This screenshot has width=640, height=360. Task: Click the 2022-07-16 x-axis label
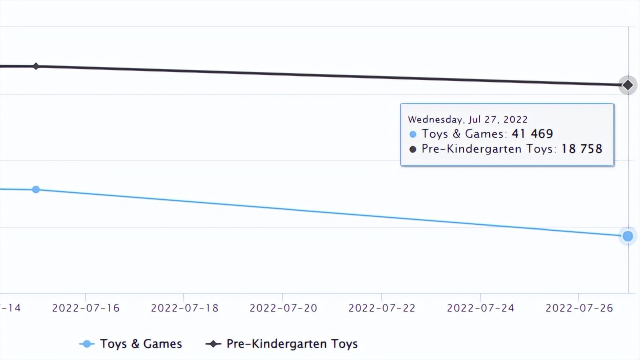(85, 308)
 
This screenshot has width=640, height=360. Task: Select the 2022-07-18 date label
(184, 308)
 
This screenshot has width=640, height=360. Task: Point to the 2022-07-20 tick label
(283, 308)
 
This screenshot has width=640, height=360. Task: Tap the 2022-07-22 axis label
(381, 308)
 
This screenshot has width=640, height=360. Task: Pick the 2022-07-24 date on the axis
(480, 308)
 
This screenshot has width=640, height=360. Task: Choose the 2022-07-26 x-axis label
(578, 308)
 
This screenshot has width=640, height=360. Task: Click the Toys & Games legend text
(140, 344)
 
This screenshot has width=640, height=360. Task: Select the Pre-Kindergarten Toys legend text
(292, 344)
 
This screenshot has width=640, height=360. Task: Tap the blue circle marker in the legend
(87, 344)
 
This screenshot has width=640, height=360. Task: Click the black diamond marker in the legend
(213, 344)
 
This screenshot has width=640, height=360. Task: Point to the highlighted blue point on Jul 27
(627, 236)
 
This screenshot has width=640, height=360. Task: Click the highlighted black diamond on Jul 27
(627, 85)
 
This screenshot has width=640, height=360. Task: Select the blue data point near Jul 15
(35, 189)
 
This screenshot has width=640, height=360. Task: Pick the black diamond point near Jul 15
(35, 66)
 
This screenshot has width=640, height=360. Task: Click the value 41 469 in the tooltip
(532, 134)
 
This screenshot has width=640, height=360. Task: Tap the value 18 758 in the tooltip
(581, 149)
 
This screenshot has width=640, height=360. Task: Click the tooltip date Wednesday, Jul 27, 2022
(467, 119)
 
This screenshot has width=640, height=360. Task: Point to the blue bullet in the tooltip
(413, 134)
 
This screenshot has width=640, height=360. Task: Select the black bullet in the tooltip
(413, 149)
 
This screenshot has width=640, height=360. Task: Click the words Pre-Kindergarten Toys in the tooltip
(487, 149)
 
